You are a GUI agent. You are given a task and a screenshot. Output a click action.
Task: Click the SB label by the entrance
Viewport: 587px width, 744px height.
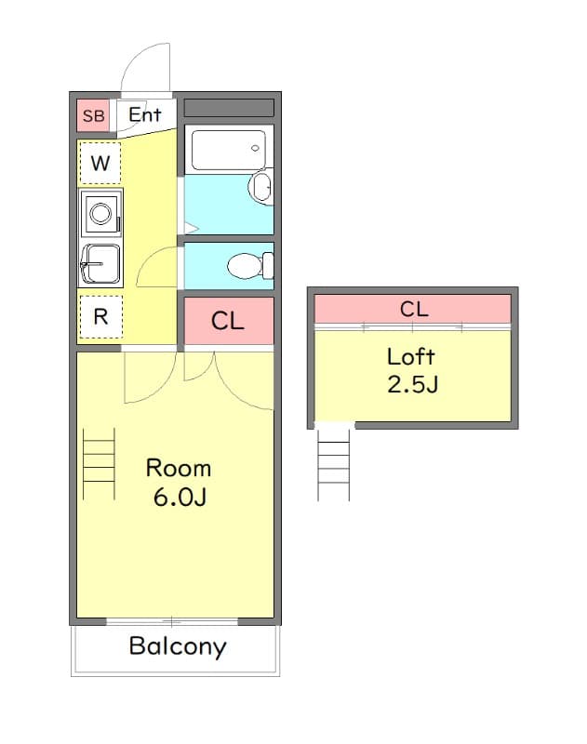click(93, 116)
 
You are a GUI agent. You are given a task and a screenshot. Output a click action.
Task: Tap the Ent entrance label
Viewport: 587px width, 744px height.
click(145, 115)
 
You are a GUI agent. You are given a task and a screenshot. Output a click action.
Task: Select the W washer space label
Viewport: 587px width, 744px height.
click(100, 166)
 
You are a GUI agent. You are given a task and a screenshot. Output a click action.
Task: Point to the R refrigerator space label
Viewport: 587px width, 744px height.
click(100, 316)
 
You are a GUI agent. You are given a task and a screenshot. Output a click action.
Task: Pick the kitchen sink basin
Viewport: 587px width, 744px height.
click(101, 262)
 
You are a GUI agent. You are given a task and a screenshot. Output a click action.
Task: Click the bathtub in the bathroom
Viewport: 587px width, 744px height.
click(229, 150)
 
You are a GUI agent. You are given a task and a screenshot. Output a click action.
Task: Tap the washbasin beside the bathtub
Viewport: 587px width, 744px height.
click(260, 188)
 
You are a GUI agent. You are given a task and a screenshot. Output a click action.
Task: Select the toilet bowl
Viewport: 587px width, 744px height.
click(246, 267)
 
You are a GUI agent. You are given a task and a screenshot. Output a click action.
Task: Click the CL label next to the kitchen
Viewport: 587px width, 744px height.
click(228, 322)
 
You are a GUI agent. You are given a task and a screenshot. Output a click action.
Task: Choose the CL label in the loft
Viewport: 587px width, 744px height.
click(414, 309)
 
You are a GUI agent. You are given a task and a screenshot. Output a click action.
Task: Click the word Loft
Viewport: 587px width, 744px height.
click(411, 356)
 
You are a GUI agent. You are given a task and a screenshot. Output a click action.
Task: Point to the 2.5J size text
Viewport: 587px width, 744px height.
click(412, 383)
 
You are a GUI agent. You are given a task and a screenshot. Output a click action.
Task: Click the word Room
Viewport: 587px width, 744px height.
click(179, 468)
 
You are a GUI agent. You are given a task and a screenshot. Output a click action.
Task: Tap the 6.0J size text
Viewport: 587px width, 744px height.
click(180, 497)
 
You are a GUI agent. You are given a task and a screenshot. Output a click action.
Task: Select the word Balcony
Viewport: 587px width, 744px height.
click(177, 646)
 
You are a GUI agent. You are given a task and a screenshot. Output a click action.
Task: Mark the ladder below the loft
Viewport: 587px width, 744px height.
click(333, 465)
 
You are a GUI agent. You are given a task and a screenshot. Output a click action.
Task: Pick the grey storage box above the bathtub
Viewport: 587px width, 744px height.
click(229, 108)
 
